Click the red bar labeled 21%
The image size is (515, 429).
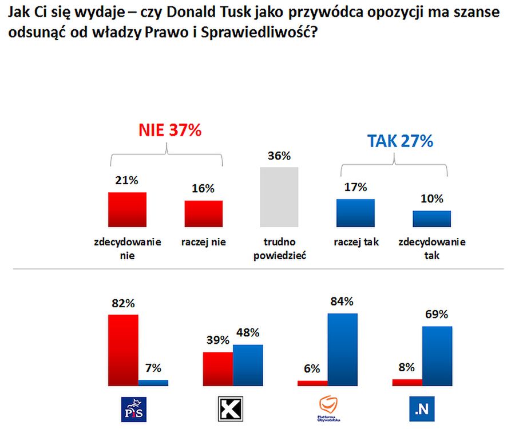point(127,209)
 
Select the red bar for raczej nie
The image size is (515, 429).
point(203,213)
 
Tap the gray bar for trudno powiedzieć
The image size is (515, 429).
point(279,197)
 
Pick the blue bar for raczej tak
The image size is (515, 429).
point(355,213)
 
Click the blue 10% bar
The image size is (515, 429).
point(431,219)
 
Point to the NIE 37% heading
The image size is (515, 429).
point(169,130)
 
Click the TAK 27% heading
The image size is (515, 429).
point(401,141)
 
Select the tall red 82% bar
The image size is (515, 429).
point(123,349)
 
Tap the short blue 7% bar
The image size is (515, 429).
point(153,382)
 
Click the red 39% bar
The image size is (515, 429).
point(218,368)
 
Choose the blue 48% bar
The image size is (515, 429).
point(248,365)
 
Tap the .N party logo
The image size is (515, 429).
point(422,408)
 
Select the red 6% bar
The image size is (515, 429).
point(312,383)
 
